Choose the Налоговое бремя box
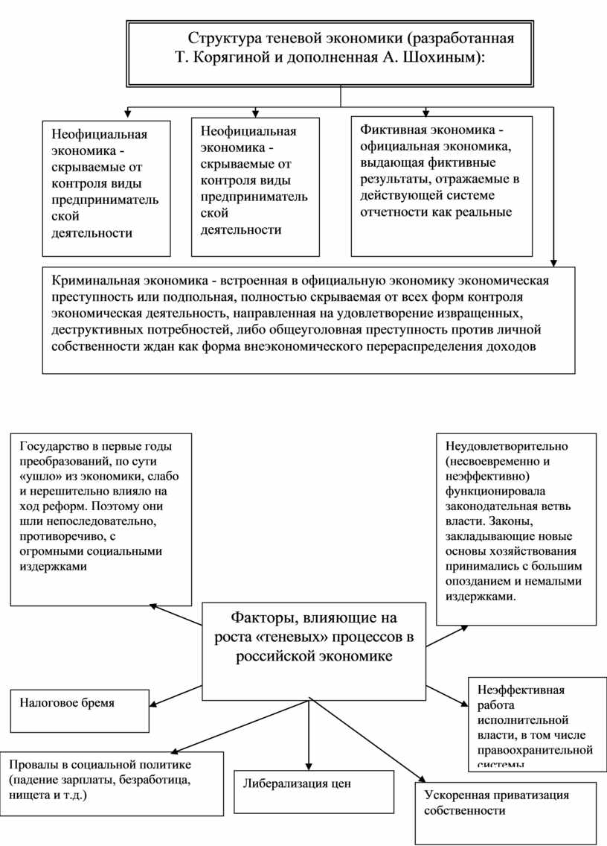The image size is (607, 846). tap(80, 710)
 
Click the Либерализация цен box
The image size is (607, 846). tap(314, 792)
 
